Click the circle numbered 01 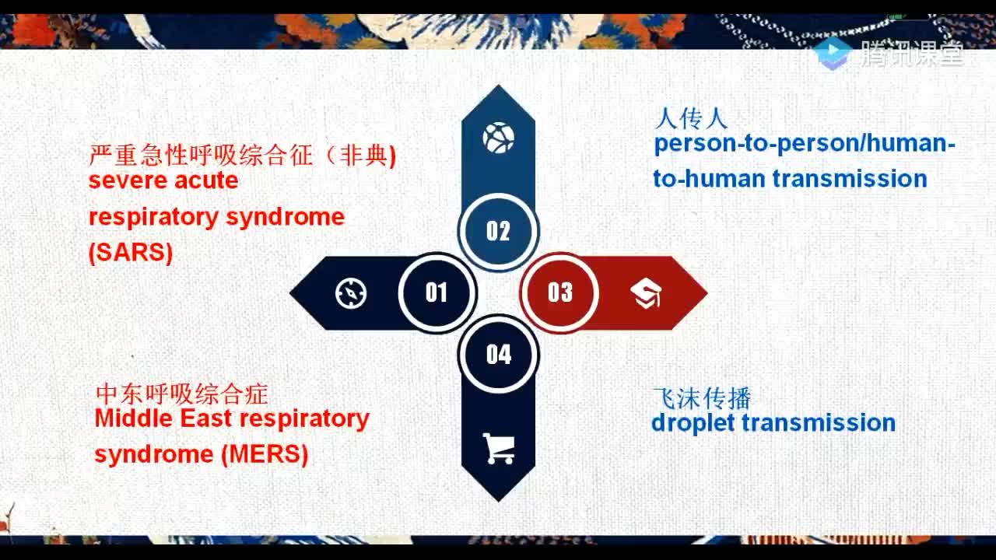(x=437, y=293)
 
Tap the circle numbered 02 (x=499, y=232)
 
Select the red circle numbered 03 (x=559, y=293)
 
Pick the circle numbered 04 (x=499, y=354)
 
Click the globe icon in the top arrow (x=499, y=138)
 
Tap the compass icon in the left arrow (x=351, y=293)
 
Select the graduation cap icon (x=646, y=293)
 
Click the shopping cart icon (x=499, y=449)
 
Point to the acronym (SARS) (x=131, y=253)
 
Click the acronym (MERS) (x=265, y=454)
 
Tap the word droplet (x=693, y=422)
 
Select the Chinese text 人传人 (x=691, y=119)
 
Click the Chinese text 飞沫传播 (x=702, y=397)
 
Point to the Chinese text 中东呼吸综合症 (x=182, y=394)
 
